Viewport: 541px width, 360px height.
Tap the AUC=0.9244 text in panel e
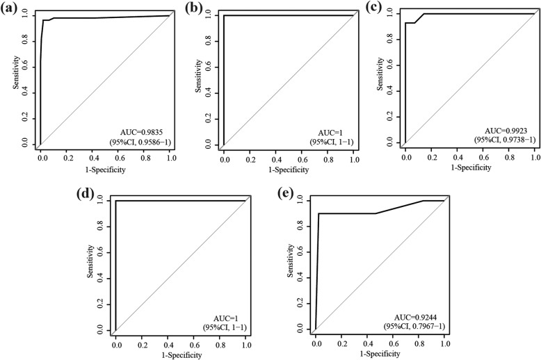click(411, 316)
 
